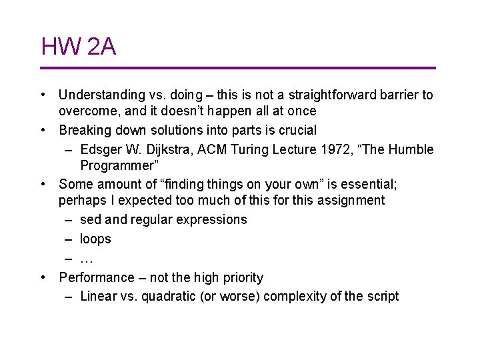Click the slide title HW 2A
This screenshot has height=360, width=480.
pos(79,47)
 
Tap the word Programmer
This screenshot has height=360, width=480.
pos(117,165)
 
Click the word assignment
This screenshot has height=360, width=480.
pos(351,200)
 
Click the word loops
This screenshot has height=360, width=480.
pos(95,239)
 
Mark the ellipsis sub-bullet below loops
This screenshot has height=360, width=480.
pos(86,258)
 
